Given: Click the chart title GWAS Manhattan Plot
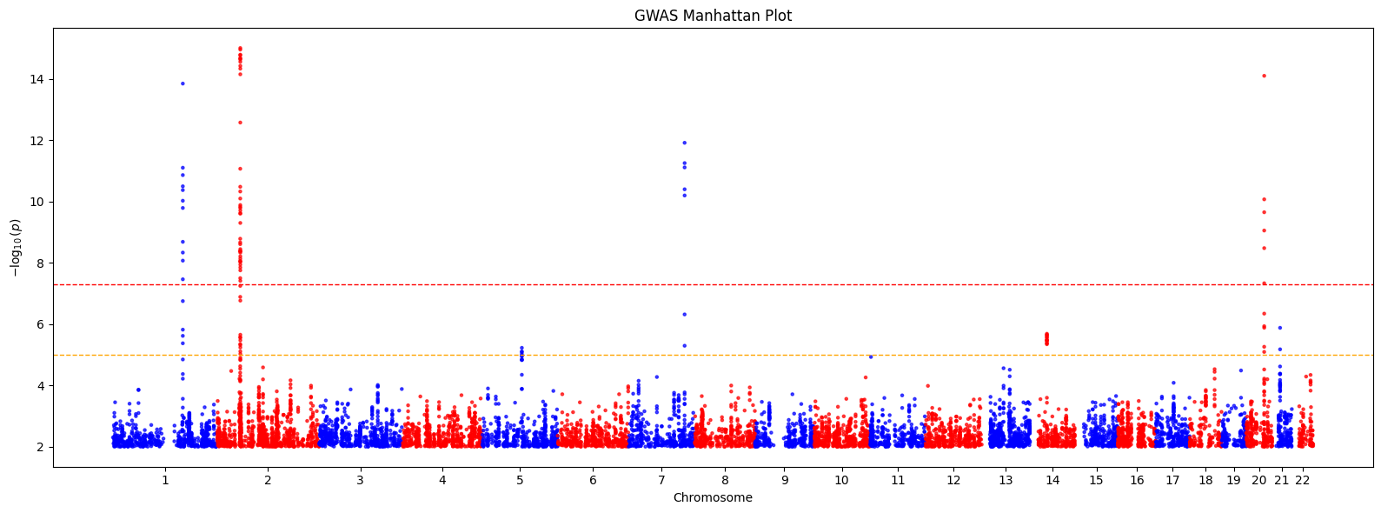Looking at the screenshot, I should tap(713, 16).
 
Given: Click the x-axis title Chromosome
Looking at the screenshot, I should tap(713, 498).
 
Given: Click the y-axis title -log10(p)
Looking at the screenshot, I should tap(16, 248).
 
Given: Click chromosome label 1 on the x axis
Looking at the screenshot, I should tap(165, 480).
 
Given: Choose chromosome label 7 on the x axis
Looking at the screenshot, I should tap(661, 480).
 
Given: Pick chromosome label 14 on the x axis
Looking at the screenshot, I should tap(1052, 480).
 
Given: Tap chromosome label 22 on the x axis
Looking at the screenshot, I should tap(1302, 480).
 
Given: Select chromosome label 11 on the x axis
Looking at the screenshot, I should tap(898, 480).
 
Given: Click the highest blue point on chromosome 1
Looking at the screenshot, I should tap(183, 83).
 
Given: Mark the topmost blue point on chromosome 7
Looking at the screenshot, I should tap(685, 143).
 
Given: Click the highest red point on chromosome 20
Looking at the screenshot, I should tap(1264, 76).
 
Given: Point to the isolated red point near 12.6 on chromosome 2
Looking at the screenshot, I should tap(240, 123).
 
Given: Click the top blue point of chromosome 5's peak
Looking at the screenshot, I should tap(521, 348).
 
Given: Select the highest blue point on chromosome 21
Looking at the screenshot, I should tap(1279, 328).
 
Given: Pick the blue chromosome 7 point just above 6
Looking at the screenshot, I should tap(684, 314).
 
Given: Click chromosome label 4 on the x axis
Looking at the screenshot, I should tap(442, 480).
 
